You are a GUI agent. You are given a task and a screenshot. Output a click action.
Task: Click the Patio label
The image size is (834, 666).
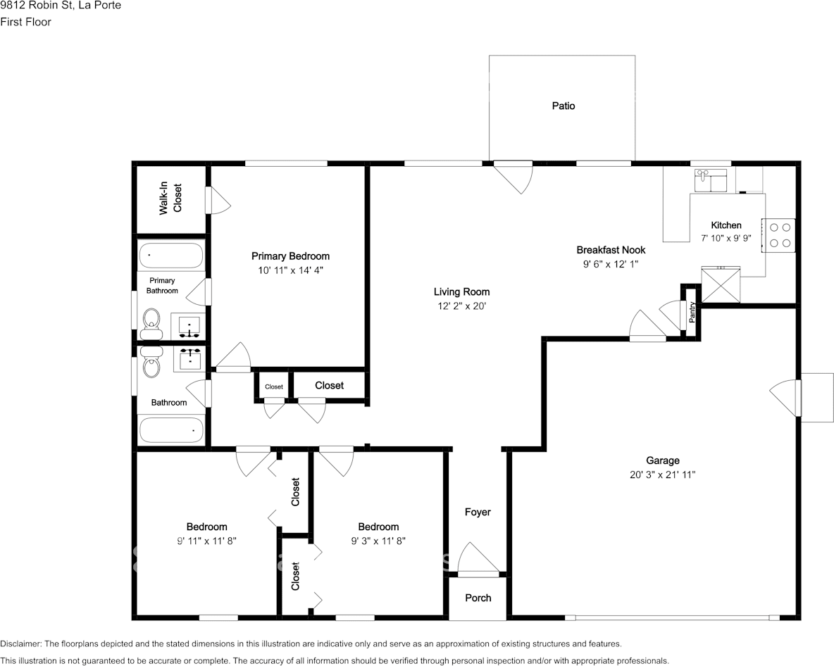pyautogui.click(x=563, y=106)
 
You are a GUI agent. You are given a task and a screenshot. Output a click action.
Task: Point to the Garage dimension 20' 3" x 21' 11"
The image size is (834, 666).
pyautogui.click(x=662, y=475)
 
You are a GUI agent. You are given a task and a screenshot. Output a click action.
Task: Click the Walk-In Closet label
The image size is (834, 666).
pyautogui.click(x=170, y=199)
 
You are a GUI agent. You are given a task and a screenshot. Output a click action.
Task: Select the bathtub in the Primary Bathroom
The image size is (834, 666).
pyautogui.click(x=171, y=255)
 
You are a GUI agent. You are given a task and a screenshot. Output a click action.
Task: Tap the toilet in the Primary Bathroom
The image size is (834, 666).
pyautogui.click(x=151, y=322)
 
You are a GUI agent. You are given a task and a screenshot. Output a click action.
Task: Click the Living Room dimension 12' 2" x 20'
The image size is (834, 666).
pyautogui.click(x=461, y=306)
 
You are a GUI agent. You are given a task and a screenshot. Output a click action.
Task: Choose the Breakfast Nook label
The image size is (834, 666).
pyautogui.click(x=610, y=250)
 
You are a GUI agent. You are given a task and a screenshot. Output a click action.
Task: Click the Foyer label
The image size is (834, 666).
pyautogui.click(x=478, y=512)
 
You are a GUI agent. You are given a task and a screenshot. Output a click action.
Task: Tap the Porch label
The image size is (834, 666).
pyautogui.click(x=478, y=598)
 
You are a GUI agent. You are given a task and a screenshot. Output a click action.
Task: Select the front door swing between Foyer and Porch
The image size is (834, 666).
pyautogui.click(x=478, y=560)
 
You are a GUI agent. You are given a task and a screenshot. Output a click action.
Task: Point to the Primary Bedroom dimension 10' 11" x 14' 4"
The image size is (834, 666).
pyautogui.click(x=290, y=270)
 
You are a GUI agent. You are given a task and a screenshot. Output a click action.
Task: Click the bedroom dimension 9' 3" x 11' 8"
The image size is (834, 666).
pyautogui.click(x=378, y=541)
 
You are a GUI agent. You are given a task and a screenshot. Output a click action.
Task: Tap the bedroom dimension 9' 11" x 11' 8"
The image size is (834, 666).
pyautogui.click(x=206, y=541)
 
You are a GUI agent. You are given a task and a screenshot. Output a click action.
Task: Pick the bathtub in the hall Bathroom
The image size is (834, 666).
pyautogui.click(x=171, y=429)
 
